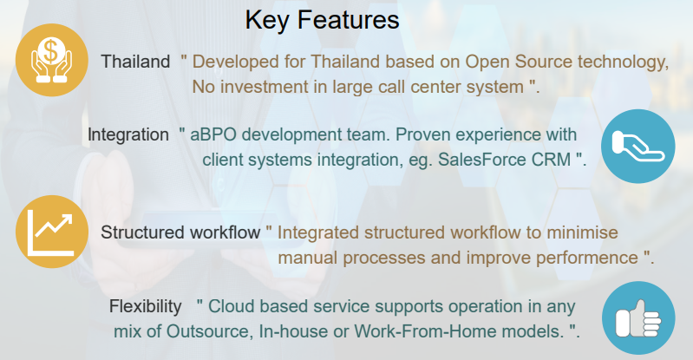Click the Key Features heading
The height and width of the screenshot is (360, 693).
coord(322,20)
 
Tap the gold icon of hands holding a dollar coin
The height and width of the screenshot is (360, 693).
coord(52,60)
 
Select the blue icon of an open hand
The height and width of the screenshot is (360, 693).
coord(637,147)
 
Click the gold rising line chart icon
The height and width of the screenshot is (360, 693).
coord(52,232)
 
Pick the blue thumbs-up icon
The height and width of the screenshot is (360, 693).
coord(638,318)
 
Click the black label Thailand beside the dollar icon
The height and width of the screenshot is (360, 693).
coord(135,62)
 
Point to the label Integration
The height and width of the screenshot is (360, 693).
coord(128,134)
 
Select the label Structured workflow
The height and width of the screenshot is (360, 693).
coord(180,232)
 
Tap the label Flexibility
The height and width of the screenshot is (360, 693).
coord(146,306)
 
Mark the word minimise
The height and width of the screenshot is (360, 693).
coord(583,232)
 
